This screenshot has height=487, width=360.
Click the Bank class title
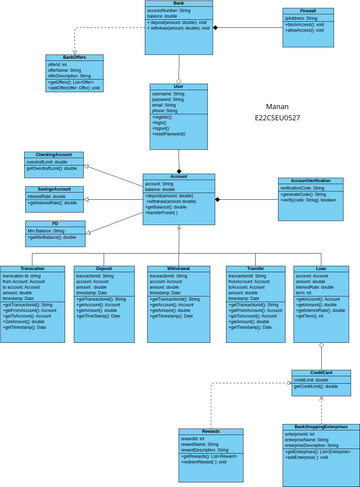[x=178, y=5]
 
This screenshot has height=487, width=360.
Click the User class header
[x=179, y=88]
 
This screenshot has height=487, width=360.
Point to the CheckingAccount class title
[x=54, y=155]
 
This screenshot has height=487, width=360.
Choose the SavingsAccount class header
[x=54, y=189]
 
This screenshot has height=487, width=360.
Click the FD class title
[x=55, y=224]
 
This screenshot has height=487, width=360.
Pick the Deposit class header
[x=104, y=269]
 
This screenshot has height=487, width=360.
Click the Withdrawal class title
[x=176, y=269]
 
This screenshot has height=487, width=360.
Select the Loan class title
[x=321, y=269]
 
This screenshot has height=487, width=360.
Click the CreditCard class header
[x=321, y=372]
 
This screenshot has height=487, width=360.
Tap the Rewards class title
[x=211, y=431]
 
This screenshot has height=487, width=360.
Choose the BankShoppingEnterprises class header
[x=315, y=426]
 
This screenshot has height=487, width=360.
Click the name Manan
[x=279, y=105]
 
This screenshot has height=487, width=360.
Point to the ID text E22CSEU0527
[x=279, y=118]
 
